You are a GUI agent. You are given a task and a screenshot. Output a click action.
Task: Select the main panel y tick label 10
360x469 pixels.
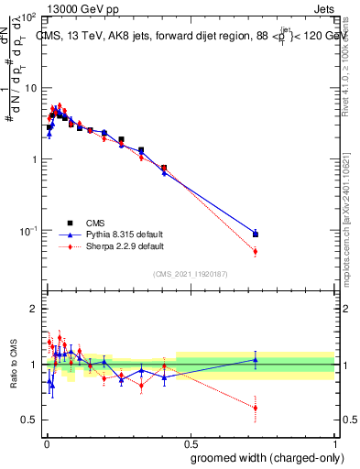tap(29, 88)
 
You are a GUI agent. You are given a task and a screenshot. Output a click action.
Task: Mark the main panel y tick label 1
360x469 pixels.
tap(33, 159)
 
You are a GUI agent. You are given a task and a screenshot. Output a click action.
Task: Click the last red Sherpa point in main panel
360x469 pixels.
tap(256, 251)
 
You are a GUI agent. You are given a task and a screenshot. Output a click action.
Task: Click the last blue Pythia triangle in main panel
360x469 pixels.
tap(256, 234)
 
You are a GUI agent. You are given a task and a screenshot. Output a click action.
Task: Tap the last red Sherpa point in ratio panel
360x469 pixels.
tap(256, 408)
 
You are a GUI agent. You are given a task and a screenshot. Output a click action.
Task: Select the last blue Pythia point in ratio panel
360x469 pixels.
tap(256, 360)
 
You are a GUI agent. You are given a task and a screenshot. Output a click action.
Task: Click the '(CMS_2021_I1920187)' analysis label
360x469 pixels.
tap(190, 272)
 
